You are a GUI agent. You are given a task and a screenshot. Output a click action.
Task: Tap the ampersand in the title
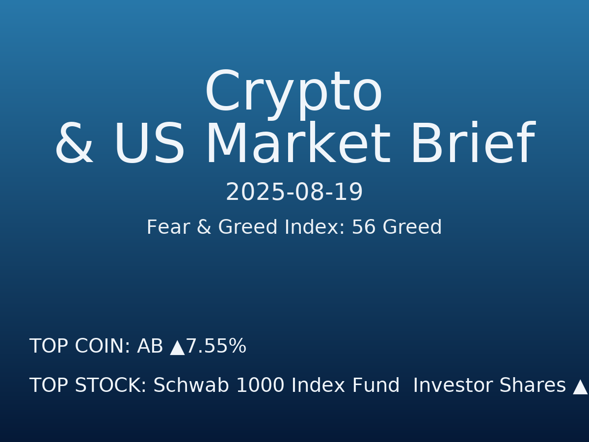click(74, 145)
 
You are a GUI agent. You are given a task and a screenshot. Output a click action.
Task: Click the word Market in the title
click(297, 145)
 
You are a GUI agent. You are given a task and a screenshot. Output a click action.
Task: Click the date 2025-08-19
click(294, 193)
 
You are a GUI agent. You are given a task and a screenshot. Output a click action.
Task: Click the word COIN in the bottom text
click(102, 347)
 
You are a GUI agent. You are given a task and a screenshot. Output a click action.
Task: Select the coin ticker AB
click(150, 347)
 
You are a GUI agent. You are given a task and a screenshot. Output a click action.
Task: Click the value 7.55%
click(216, 347)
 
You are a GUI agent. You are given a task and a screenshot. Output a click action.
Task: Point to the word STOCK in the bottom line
click(110, 386)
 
